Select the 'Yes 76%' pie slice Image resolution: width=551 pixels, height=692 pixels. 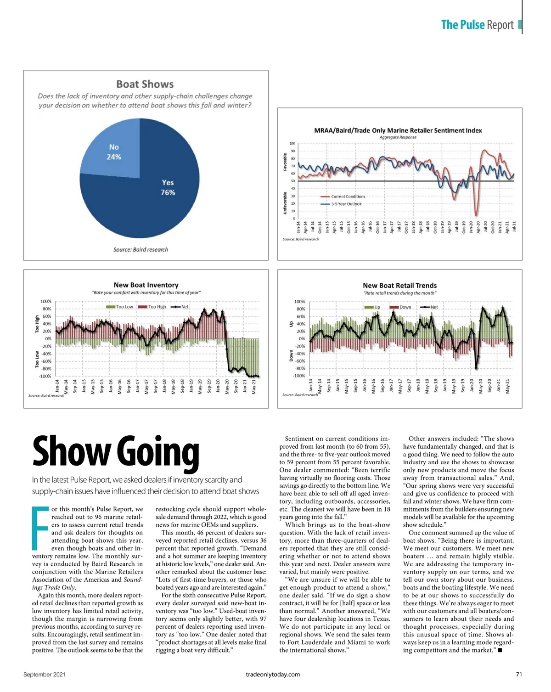(156, 197)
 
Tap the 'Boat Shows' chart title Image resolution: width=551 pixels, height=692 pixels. (145, 84)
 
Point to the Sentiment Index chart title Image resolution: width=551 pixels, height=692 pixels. (398, 130)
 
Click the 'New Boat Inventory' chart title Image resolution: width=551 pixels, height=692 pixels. (146, 285)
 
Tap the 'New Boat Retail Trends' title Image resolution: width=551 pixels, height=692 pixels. (399, 285)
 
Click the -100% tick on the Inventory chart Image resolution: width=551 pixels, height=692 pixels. (45, 377)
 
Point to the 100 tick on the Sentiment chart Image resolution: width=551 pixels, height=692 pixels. (292, 144)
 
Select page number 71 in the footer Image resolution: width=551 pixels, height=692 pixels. (519, 675)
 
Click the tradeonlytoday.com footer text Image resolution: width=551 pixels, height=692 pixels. (273, 675)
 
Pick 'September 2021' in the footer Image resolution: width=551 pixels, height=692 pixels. (45, 675)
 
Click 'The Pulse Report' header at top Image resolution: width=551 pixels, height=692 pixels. (477, 25)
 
